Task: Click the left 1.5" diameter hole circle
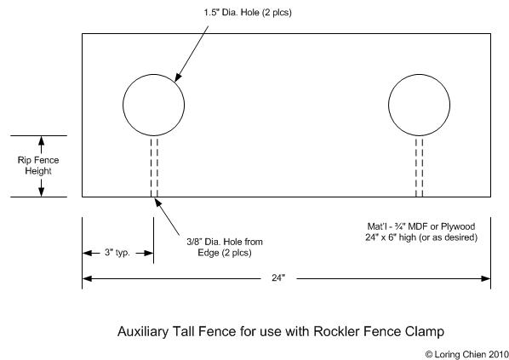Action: coord(123,105)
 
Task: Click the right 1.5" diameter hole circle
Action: coord(389,105)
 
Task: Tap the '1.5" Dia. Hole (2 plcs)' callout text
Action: coord(248,13)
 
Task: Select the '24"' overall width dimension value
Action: coord(278,277)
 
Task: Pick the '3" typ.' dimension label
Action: coord(117,253)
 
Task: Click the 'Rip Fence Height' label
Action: coord(38,166)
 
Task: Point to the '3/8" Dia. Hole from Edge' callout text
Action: coord(225,247)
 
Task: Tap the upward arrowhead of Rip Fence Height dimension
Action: coord(41,140)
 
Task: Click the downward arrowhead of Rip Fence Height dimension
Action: coord(41,192)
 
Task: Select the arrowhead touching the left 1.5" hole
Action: coord(178,77)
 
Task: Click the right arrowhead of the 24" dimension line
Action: coord(486,278)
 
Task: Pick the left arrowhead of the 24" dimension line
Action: coord(87,278)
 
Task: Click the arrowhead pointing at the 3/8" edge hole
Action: coord(157,203)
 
